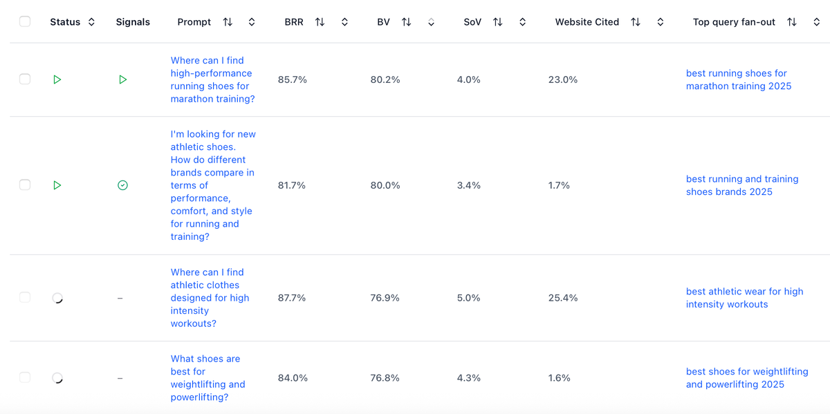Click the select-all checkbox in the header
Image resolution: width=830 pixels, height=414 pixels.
[25, 21]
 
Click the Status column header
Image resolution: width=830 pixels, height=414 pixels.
[65, 22]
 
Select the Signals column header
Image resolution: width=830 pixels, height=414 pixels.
[133, 22]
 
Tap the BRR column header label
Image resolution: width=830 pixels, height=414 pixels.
[294, 22]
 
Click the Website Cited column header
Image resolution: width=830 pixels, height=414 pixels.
[587, 22]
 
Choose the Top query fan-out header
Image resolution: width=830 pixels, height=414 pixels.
[734, 22]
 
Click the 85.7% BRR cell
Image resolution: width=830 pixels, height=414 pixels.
[292, 79]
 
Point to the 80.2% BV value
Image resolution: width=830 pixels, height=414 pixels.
[385, 79]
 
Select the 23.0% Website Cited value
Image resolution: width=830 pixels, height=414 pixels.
[562, 79]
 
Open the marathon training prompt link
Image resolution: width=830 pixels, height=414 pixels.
[212, 79]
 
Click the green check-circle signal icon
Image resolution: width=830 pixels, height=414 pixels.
[122, 185]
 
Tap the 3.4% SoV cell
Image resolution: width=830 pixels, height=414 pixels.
[468, 185]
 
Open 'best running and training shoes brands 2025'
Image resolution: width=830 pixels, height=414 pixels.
[741, 185]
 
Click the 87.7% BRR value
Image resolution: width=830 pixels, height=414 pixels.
[292, 298]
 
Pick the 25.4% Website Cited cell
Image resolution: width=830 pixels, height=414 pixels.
[562, 298]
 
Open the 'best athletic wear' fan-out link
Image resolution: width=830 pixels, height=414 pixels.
[744, 298]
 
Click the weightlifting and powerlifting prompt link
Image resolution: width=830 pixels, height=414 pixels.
[207, 378]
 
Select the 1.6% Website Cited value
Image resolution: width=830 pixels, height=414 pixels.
[559, 378]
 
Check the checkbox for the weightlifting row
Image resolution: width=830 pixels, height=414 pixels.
[25, 377]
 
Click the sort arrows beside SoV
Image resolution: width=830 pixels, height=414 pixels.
[497, 22]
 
